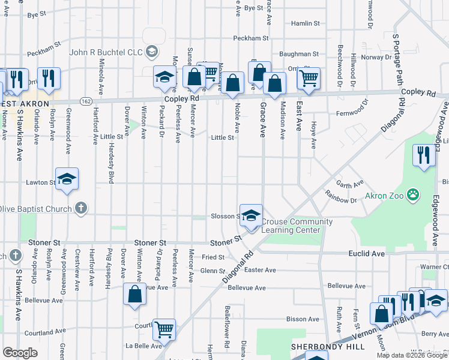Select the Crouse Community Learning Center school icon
click(252, 217)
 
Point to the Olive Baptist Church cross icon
click(81, 208)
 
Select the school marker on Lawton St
click(67, 178)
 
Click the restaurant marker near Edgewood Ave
click(424, 155)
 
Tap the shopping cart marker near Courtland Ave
click(164, 328)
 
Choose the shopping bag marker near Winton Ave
click(135, 294)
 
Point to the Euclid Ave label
click(366, 254)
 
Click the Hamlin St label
click(306, 23)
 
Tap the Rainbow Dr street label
click(340, 196)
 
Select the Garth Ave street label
click(350, 184)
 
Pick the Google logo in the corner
click(20, 352)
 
